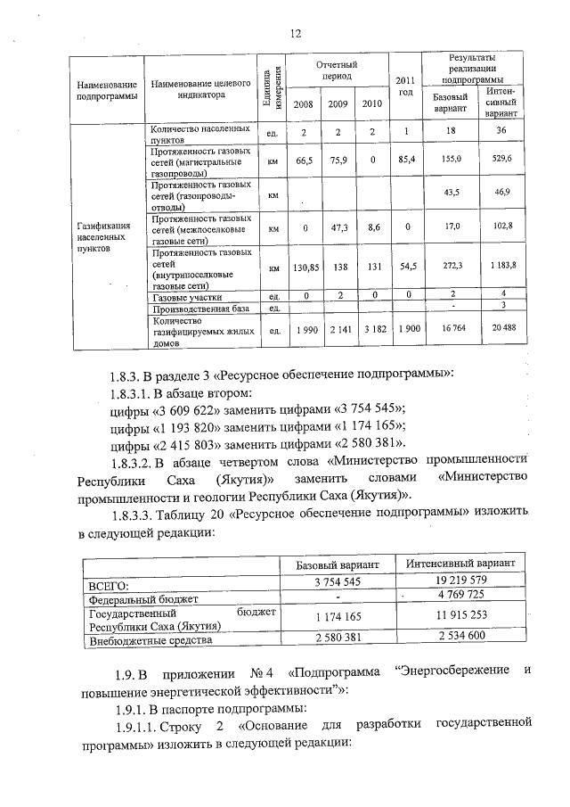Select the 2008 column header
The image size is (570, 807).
(x=304, y=103)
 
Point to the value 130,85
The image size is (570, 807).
(x=305, y=267)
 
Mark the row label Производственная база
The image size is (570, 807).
(x=198, y=308)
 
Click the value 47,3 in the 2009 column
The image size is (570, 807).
(x=338, y=228)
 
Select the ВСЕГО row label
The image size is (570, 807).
(x=106, y=585)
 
